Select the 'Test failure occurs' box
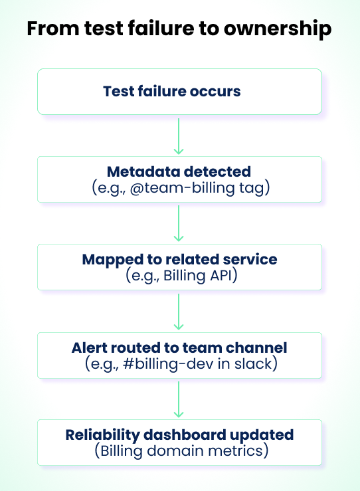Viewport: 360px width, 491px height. click(179, 92)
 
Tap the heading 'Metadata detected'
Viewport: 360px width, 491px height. click(179, 172)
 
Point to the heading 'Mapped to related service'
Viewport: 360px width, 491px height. click(179, 260)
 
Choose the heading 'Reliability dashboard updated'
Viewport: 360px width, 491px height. click(179, 435)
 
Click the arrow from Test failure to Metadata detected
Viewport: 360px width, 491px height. click(178, 136)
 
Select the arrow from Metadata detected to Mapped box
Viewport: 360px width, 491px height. click(178, 223)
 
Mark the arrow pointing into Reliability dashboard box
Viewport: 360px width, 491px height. click(178, 399)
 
